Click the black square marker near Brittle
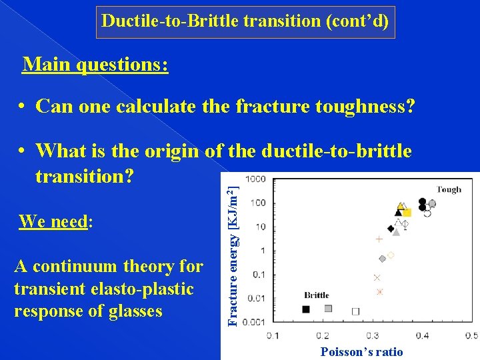(x=306, y=309)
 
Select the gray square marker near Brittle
(x=328, y=308)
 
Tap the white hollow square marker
(x=355, y=311)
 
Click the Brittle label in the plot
(x=317, y=295)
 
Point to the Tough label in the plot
(x=449, y=189)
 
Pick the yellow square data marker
(x=407, y=212)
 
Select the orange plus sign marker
(x=379, y=239)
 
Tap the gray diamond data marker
(x=382, y=259)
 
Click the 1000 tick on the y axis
(x=255, y=179)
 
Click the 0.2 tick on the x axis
(x=322, y=336)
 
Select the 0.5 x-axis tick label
(x=471, y=336)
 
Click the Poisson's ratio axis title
(x=361, y=352)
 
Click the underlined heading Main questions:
(x=95, y=65)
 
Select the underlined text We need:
(x=55, y=221)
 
